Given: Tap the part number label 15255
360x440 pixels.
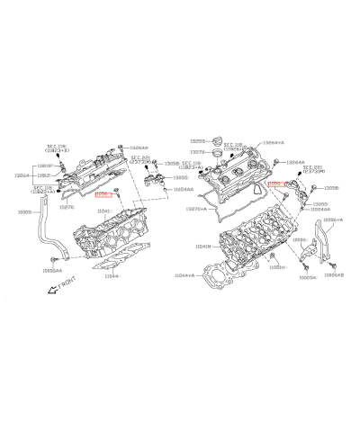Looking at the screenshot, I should pos(199,141).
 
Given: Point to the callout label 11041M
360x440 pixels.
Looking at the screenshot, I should pos(204,247).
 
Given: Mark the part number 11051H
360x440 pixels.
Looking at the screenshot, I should pos(277,267).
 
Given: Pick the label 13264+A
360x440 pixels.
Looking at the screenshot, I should pos(274,143).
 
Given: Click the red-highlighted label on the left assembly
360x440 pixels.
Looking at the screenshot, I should pos(103,193).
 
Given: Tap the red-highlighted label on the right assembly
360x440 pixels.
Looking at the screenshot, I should pos(277,182).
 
